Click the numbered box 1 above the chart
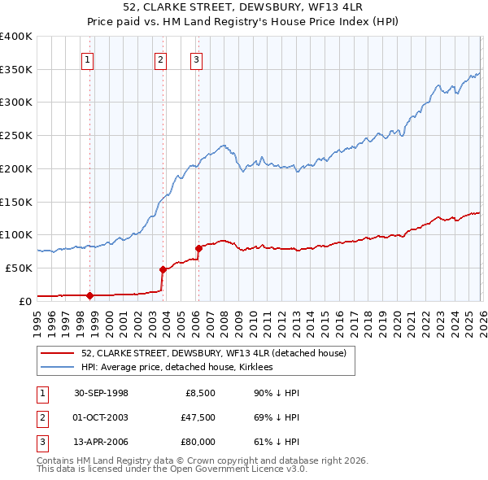87,59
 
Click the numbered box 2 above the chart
161,59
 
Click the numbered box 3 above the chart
197,59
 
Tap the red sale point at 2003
163,268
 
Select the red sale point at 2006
198,247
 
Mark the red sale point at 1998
90,295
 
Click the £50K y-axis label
19,268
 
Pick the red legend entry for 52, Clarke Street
213,353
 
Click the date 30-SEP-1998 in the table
101,393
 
